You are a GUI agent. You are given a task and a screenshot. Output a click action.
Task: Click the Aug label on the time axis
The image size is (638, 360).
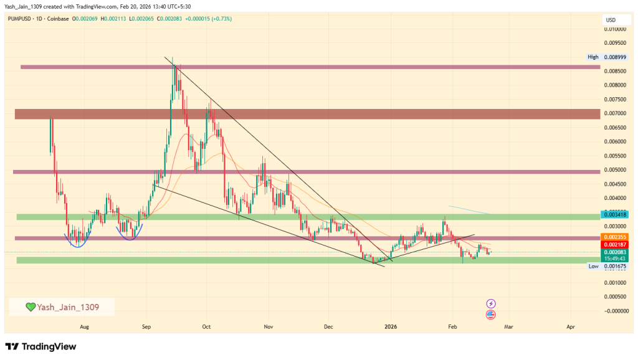(85, 326)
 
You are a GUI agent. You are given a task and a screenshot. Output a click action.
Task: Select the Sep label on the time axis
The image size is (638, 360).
(146, 326)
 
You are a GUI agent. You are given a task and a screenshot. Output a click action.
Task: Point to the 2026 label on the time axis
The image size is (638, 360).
(391, 326)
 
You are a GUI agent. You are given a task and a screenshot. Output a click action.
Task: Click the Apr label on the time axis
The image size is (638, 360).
(571, 326)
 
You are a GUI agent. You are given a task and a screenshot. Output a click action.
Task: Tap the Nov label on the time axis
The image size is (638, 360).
(269, 326)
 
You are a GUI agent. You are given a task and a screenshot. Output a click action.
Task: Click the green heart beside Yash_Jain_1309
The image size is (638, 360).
(30, 307)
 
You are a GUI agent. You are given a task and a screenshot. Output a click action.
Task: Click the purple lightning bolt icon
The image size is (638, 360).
(491, 303)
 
